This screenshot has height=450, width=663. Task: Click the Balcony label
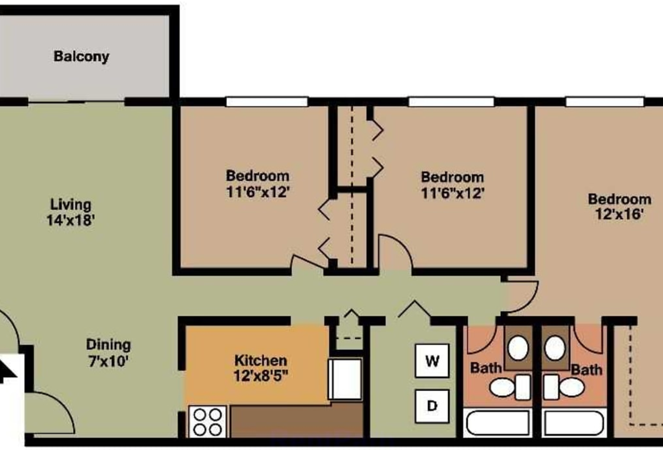(x=81, y=56)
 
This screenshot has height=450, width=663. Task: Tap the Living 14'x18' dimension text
(x=71, y=220)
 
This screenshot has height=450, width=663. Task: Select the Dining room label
(x=109, y=345)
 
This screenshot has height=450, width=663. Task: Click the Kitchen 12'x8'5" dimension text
(x=261, y=376)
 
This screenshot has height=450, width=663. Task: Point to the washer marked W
(x=432, y=361)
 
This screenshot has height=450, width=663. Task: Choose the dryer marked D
(x=432, y=406)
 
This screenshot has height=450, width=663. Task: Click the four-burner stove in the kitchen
(x=208, y=422)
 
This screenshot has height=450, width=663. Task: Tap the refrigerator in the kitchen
(x=345, y=379)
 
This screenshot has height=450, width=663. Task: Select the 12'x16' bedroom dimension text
(x=619, y=214)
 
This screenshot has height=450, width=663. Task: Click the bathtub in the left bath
(x=498, y=423)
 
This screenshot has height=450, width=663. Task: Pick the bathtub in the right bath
(x=574, y=423)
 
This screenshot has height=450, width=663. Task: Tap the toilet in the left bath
(x=510, y=387)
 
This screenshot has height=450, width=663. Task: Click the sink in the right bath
(x=554, y=348)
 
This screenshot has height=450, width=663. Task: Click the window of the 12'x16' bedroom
(x=604, y=102)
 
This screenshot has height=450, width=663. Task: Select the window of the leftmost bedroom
(x=267, y=102)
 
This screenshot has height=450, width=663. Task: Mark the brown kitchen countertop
(x=297, y=421)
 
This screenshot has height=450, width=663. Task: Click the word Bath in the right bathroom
(x=586, y=370)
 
